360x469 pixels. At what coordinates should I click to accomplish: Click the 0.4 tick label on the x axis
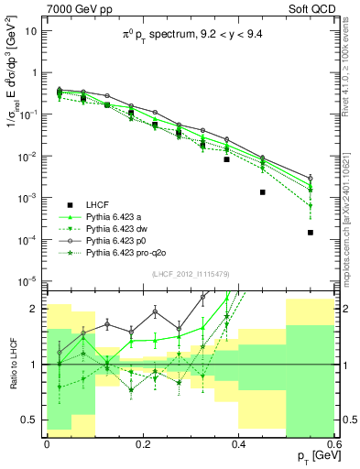click(238, 442)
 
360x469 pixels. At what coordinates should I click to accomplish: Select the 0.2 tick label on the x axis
click(142, 442)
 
